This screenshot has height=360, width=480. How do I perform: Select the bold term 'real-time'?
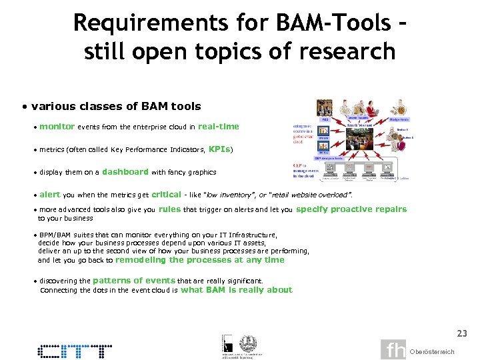click(x=218, y=126)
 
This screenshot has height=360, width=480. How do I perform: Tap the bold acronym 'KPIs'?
click(x=220, y=149)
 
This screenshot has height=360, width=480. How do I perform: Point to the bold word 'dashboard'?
click(x=125, y=171)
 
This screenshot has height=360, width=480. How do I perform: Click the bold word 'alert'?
click(x=49, y=195)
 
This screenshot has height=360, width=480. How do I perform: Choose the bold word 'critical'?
click(x=166, y=195)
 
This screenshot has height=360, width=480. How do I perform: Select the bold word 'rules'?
click(x=169, y=209)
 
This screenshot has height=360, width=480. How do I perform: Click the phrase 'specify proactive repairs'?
click(x=351, y=209)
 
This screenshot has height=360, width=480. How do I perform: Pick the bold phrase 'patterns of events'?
click(x=133, y=281)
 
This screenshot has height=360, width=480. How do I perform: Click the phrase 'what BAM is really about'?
click(x=236, y=290)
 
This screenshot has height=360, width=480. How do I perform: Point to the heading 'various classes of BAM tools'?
click(x=115, y=106)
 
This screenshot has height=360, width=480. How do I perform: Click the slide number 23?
click(x=461, y=333)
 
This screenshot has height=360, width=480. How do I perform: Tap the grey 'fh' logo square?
click(x=393, y=350)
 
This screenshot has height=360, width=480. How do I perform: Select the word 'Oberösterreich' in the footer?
click(x=432, y=351)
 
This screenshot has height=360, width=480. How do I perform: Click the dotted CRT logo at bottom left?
click(x=75, y=351)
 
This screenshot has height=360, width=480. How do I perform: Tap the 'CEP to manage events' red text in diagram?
click(x=303, y=171)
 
